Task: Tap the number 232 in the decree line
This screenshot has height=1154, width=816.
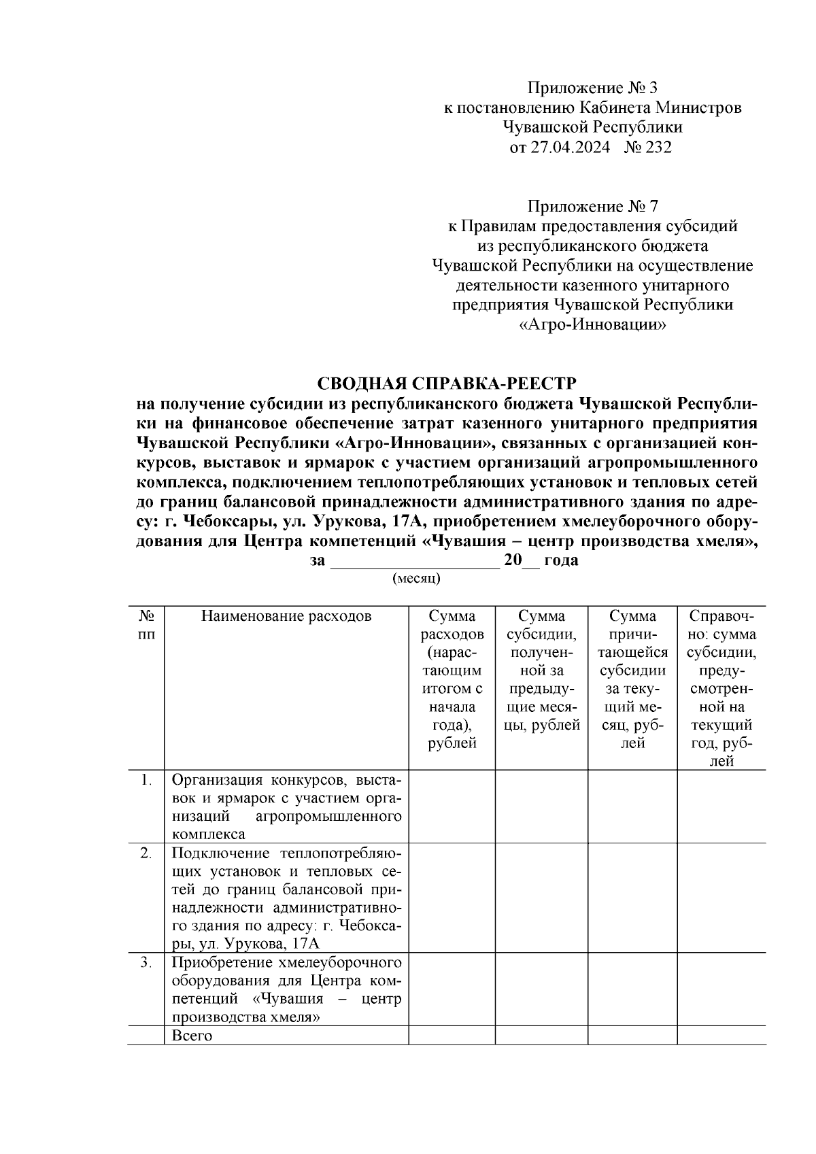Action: point(656,147)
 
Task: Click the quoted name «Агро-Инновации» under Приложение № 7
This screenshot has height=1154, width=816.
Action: point(593,325)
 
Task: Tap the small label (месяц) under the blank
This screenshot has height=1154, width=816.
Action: point(416,578)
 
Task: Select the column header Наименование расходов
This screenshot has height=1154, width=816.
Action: point(286,616)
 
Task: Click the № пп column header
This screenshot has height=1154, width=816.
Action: point(146,625)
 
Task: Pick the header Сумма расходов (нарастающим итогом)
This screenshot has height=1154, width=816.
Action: point(452,679)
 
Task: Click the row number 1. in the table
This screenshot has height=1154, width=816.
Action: point(146,779)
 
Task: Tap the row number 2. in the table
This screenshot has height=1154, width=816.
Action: point(146,853)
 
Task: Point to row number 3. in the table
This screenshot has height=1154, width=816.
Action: point(146,963)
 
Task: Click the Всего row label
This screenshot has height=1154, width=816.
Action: point(192,1036)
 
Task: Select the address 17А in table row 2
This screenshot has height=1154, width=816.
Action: point(304,943)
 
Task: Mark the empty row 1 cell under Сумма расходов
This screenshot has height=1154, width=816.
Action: point(452,807)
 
